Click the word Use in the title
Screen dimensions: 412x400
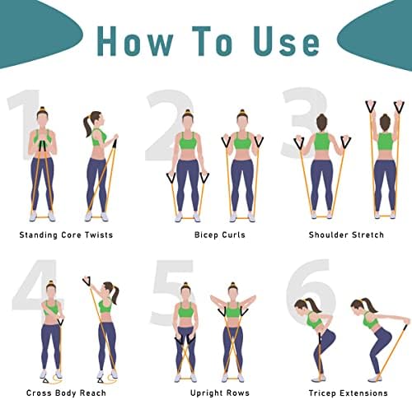pyautogui.click(x=286, y=41)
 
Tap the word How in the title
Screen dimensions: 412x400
pyautogui.click(x=135, y=41)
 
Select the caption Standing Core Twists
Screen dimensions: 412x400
pyautogui.click(x=66, y=235)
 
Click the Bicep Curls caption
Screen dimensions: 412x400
pyautogui.click(x=220, y=235)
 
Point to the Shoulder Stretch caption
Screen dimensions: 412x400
pyautogui.click(x=346, y=235)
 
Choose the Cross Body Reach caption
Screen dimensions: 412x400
pyautogui.click(x=66, y=393)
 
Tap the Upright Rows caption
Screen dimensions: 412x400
pyautogui.click(x=220, y=393)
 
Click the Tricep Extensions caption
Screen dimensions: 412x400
pyautogui.click(x=349, y=393)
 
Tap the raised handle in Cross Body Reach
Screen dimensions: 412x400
pyautogui.click(x=87, y=282)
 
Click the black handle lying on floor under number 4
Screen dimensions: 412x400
pyautogui.click(x=46, y=380)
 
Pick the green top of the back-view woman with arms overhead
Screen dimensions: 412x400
pyautogui.click(x=385, y=142)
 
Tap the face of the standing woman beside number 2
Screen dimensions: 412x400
pyautogui.click(x=187, y=122)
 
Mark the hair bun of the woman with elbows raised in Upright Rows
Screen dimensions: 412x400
pyautogui.click(x=233, y=284)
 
